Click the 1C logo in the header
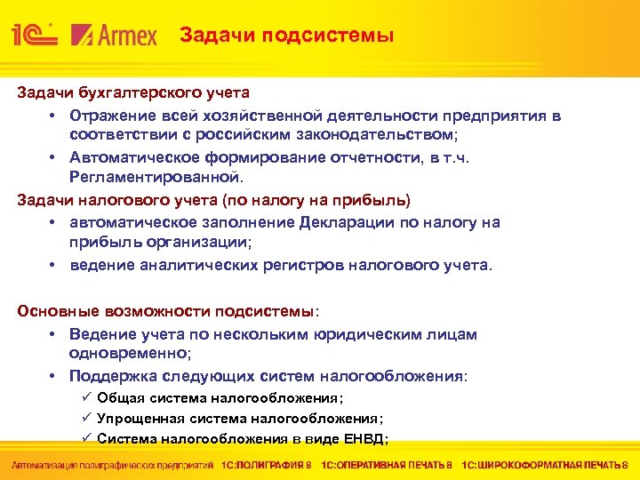(35, 36)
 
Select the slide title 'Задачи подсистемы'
(286, 36)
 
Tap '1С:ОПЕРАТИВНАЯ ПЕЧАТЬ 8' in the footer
(388, 465)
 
